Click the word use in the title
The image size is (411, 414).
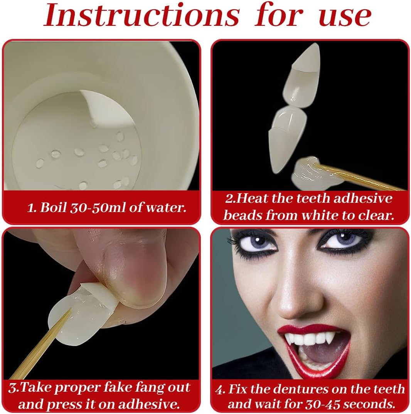(x=345, y=16)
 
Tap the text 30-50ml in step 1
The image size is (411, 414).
(x=99, y=207)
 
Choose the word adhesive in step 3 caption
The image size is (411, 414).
(x=147, y=404)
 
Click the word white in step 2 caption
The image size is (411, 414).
(x=320, y=215)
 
